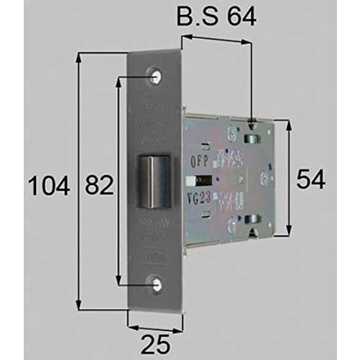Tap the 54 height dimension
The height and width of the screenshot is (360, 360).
[x=311, y=179]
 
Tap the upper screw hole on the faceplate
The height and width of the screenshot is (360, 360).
[x=156, y=74]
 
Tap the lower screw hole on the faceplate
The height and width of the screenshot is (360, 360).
[x=156, y=284]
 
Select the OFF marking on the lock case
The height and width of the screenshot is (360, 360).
[x=199, y=163]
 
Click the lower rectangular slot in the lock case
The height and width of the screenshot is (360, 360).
[x=252, y=220]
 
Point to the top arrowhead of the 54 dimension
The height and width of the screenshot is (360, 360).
[x=288, y=123]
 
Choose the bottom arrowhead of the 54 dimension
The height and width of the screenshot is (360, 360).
[x=288, y=235]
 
